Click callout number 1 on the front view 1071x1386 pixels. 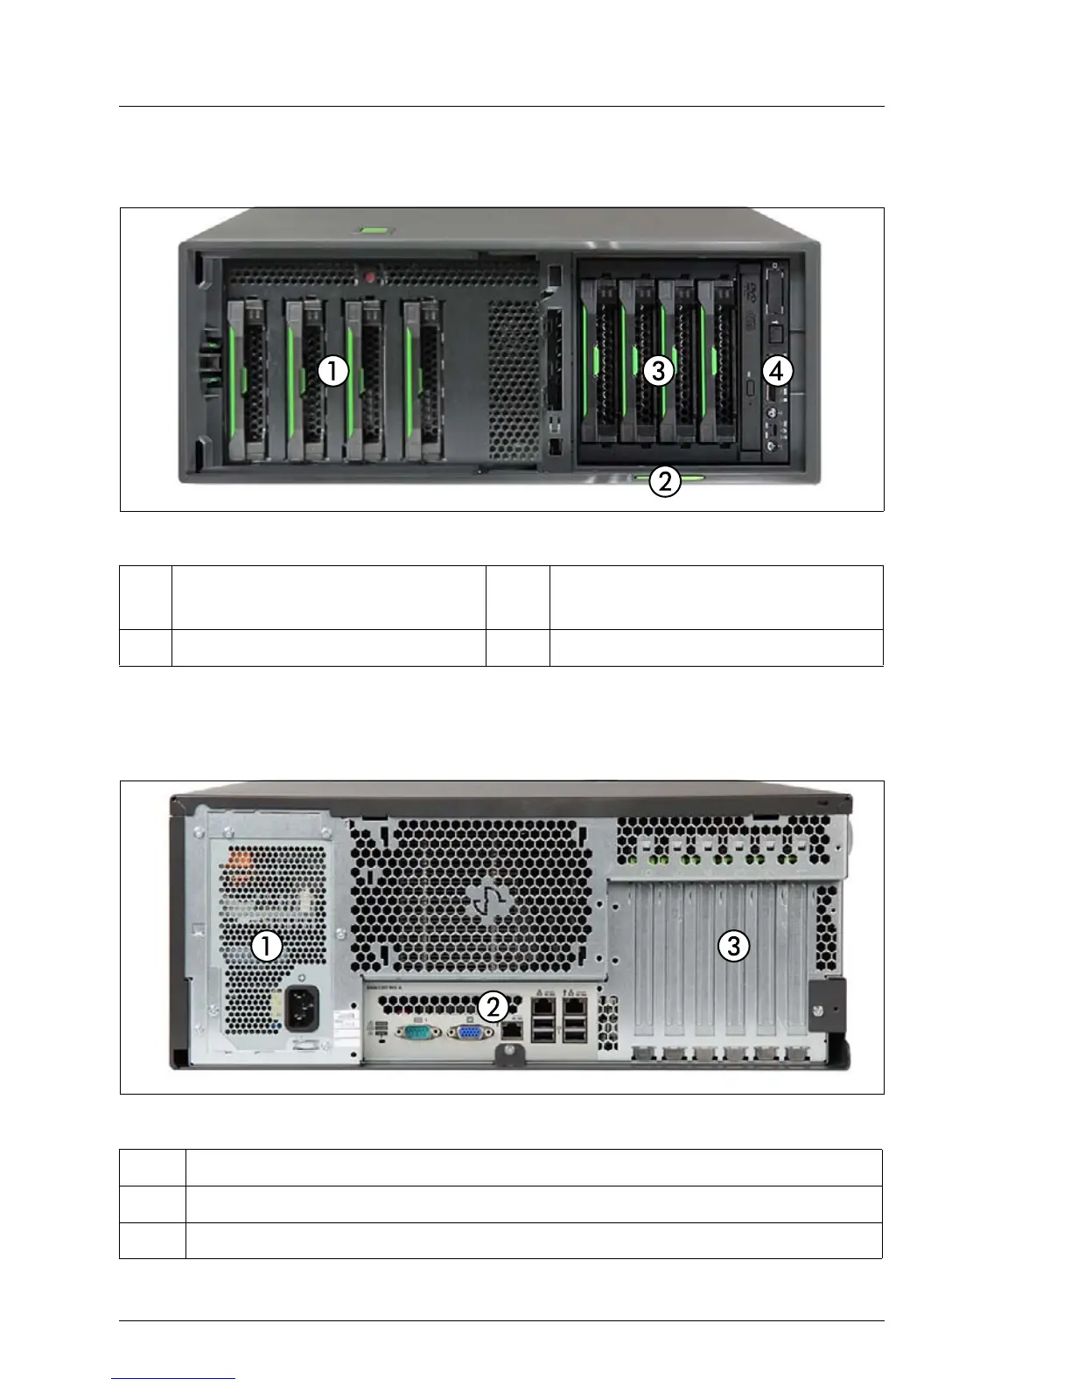(x=332, y=371)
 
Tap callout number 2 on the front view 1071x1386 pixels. (x=665, y=480)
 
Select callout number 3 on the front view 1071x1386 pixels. (x=658, y=371)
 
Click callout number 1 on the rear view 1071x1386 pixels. (x=267, y=946)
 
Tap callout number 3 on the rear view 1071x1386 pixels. (x=733, y=945)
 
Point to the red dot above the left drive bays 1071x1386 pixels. (x=370, y=278)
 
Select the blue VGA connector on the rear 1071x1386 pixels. (x=470, y=1032)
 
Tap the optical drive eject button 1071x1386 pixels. (x=752, y=387)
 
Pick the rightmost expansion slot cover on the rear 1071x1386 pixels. (x=793, y=962)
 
